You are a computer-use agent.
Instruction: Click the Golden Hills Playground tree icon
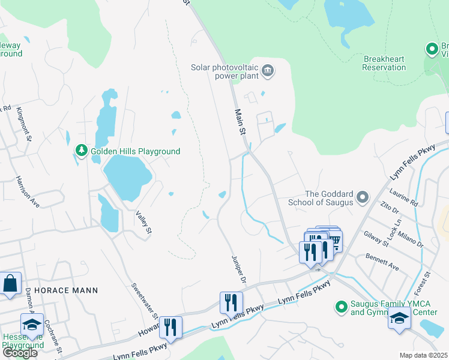point(81,150)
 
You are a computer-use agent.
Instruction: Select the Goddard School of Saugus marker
point(362,197)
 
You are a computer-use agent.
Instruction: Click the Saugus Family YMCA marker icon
point(341,307)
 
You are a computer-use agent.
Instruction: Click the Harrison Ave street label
point(28,192)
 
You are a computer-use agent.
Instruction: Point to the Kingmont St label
point(24,123)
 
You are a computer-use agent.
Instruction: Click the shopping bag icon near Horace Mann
point(10,284)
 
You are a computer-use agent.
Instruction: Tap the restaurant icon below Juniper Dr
point(232,302)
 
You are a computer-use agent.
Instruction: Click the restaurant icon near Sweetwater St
point(170,327)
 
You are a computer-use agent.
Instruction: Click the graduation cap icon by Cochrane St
point(32,325)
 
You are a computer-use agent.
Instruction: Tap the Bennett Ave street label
point(382,262)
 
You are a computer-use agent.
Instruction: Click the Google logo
point(20,353)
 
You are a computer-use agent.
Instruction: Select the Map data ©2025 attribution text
point(423,355)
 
